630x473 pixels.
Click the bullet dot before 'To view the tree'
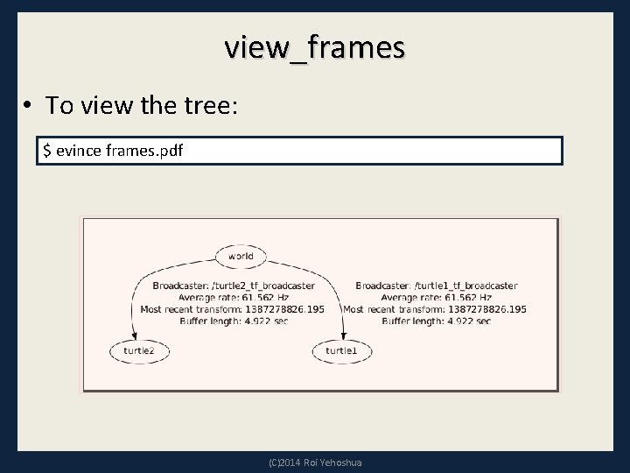coord(29,107)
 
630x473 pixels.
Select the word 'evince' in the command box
coord(78,151)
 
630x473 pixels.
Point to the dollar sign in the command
coord(47,151)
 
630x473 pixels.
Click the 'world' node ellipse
coord(241,257)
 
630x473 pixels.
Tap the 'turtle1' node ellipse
coord(341,350)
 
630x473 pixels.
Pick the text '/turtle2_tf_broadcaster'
coord(260,286)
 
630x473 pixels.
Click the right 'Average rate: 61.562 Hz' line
coord(435,297)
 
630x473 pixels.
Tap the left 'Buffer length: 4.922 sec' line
coord(233,321)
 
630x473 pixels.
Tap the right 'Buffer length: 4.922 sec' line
coord(435,321)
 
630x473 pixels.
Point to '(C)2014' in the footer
coord(285,462)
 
